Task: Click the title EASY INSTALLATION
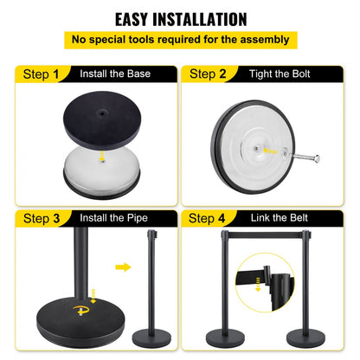(x=180, y=18)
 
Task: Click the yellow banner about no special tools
(x=180, y=40)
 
